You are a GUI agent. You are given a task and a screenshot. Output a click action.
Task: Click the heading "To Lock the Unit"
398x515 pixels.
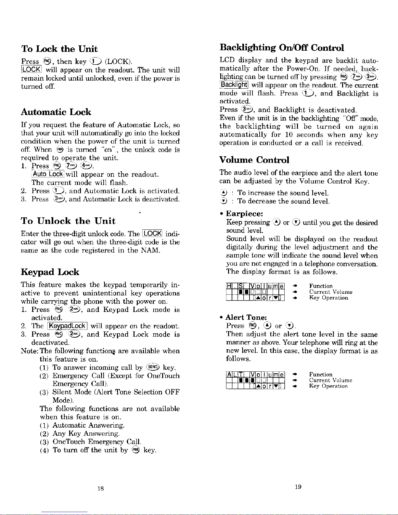pos(59,49)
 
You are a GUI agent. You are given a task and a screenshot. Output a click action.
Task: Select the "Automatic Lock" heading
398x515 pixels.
pos(56,112)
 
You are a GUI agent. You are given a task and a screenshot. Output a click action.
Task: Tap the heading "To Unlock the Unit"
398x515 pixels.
pos(68,221)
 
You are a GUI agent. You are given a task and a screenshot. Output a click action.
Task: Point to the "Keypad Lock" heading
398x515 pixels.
pos(50,272)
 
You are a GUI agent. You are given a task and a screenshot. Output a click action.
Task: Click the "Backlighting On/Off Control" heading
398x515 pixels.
pos(282,48)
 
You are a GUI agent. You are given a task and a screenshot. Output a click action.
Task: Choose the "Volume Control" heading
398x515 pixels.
pos(254,160)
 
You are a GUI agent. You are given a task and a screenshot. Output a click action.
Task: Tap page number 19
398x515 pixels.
pos(298,487)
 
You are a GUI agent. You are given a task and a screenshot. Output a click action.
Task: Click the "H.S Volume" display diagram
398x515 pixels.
pos(255,292)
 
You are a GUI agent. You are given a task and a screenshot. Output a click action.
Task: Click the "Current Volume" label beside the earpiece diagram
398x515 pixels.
pos(331,292)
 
